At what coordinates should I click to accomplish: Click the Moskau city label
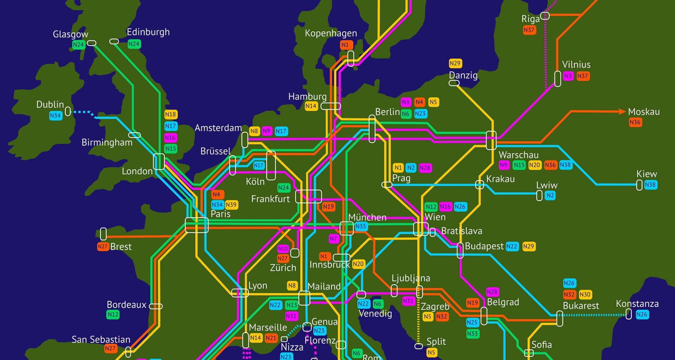tap(644, 112)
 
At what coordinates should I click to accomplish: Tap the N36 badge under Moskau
tap(635, 122)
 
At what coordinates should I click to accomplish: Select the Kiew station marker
tap(639, 185)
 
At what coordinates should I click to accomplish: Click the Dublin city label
tap(50, 104)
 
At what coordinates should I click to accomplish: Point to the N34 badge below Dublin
tap(56, 116)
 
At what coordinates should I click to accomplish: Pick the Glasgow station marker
tap(91, 43)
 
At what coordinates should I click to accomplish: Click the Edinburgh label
tap(148, 32)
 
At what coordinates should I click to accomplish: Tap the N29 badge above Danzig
tap(455, 63)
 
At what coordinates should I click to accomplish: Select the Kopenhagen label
tap(330, 33)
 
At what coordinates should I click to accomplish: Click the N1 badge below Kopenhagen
tap(345, 45)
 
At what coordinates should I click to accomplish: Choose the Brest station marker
tap(103, 234)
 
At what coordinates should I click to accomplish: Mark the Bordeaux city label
tap(126, 304)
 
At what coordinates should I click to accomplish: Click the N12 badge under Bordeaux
tap(113, 315)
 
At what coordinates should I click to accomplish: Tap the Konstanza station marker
tap(629, 314)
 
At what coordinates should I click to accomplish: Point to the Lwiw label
tap(546, 185)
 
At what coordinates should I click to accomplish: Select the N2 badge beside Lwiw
tap(550, 195)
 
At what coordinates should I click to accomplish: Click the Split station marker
tap(418, 346)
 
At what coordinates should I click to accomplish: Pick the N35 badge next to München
tap(361, 226)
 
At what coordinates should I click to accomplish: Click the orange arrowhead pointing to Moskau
tap(622, 111)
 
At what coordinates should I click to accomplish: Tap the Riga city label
tap(530, 19)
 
